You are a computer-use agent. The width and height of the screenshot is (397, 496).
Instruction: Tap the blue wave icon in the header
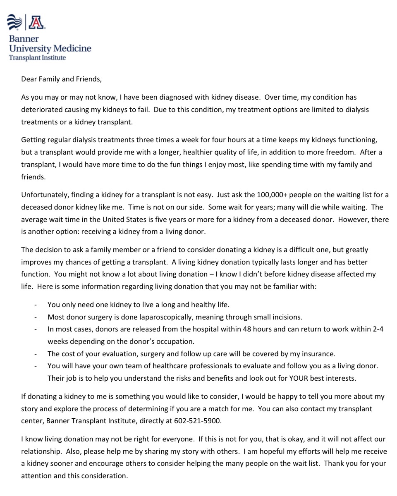pyautogui.click(x=15, y=22)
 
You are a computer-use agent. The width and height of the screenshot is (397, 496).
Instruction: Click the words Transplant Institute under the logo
pyautogui.click(x=37, y=57)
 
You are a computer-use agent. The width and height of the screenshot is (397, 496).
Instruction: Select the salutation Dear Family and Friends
pyautogui.click(x=61, y=79)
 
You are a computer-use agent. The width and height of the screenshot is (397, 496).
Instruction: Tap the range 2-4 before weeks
pyautogui.click(x=378, y=329)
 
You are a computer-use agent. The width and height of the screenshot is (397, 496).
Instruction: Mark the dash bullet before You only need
pyautogui.click(x=36, y=305)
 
